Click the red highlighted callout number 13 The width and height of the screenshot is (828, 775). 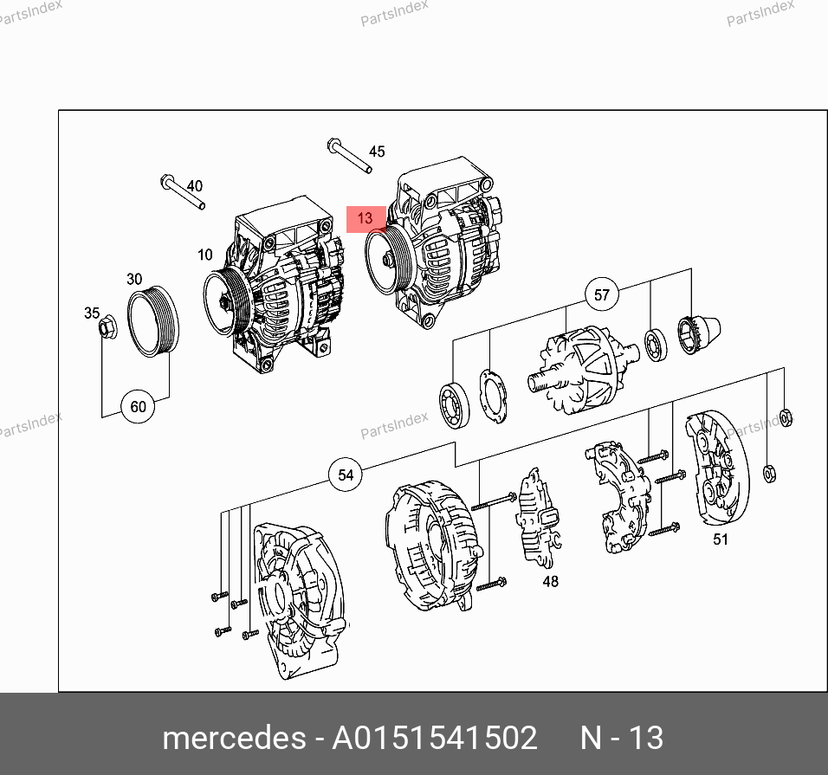(x=365, y=219)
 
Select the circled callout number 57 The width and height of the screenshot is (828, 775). (x=601, y=294)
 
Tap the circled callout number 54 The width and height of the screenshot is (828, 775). (x=346, y=475)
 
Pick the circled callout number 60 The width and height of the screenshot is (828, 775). (x=138, y=406)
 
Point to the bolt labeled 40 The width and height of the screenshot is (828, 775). (x=183, y=191)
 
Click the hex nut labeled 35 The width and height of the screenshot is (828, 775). (x=107, y=326)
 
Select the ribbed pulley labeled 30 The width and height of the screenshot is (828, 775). (x=153, y=321)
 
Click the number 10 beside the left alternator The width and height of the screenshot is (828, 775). (x=205, y=255)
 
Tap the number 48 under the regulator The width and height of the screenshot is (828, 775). (x=550, y=581)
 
